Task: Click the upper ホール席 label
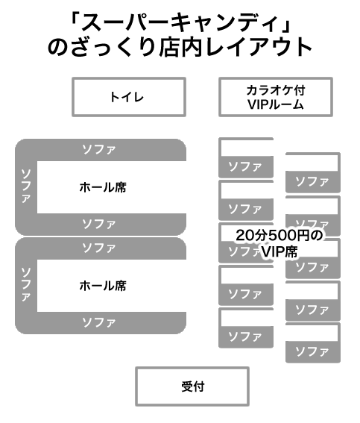point(103,187)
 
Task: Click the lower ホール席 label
point(103,286)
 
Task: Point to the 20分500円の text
point(280,235)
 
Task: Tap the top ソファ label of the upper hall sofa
point(99,149)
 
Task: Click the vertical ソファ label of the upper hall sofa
point(26,186)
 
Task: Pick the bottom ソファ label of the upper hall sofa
point(99,224)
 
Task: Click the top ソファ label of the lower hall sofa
point(99,248)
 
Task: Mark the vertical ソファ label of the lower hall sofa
point(26,284)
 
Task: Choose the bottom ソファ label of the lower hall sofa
point(99,322)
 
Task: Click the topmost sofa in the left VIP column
point(246,166)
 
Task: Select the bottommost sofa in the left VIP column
point(246,337)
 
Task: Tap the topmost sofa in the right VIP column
point(313,181)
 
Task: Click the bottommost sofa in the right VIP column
point(313,352)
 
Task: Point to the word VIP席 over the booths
point(280,252)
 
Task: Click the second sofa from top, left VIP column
point(246,210)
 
